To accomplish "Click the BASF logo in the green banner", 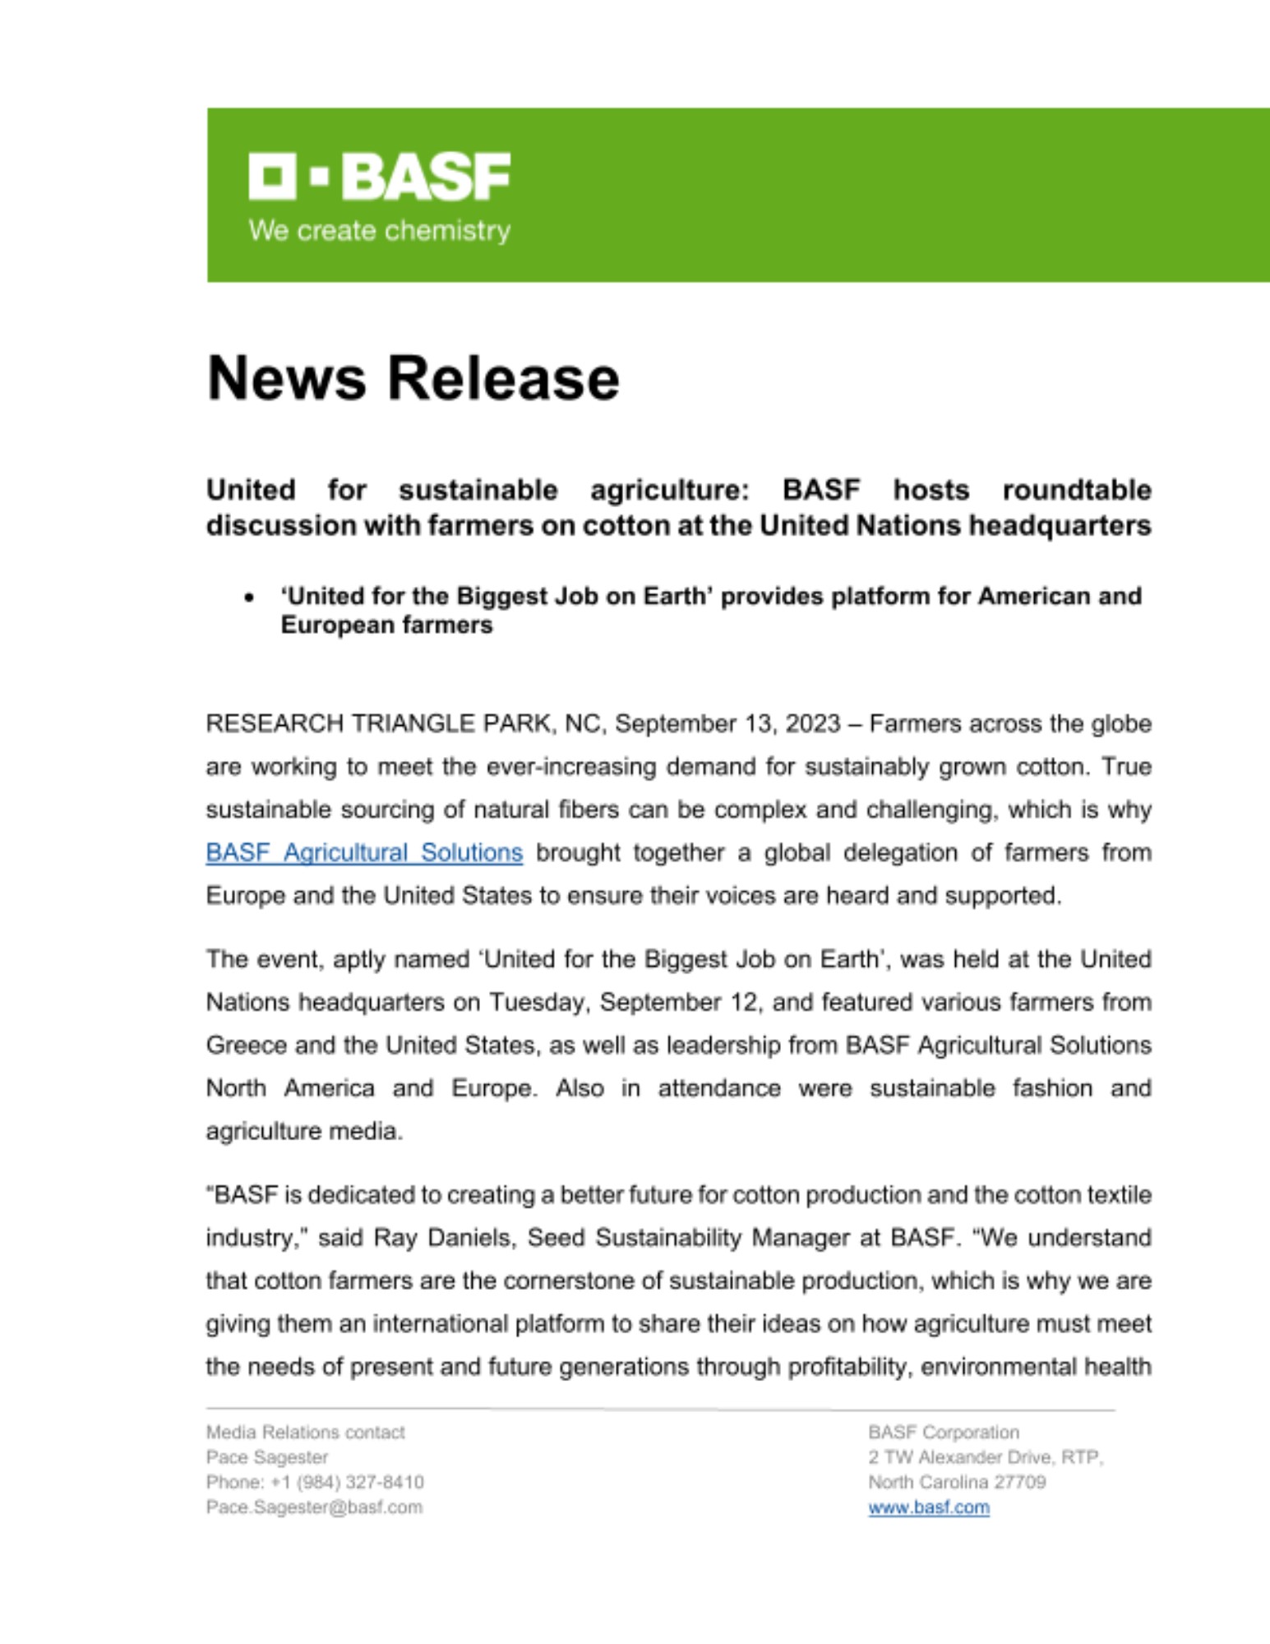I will click(x=379, y=176).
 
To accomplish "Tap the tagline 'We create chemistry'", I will click(x=379, y=231).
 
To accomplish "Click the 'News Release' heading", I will click(x=413, y=379).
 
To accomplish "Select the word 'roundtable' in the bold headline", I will click(x=1076, y=490).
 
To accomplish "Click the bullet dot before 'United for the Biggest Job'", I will click(x=249, y=598).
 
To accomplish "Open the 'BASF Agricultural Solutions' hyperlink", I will click(x=364, y=852).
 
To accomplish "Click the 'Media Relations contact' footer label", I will click(x=305, y=1433).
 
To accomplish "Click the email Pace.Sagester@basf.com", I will click(x=314, y=1508).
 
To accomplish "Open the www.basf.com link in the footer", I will click(x=929, y=1508).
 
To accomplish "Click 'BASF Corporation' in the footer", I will click(x=943, y=1433).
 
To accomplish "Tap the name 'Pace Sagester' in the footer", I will click(x=267, y=1457).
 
